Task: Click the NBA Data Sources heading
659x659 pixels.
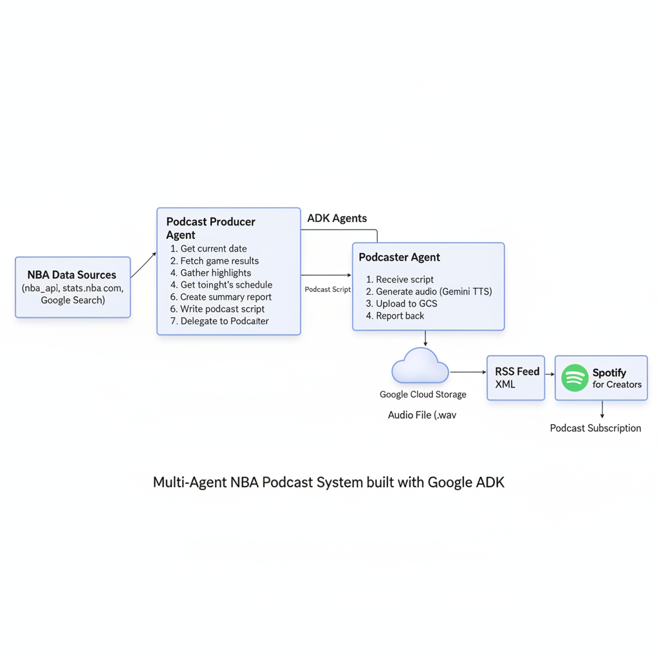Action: tap(72, 275)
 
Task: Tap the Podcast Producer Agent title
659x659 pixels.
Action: tap(210, 228)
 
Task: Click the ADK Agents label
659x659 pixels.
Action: tap(337, 218)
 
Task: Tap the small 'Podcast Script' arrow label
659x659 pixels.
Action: tap(328, 290)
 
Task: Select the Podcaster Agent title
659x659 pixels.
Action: tap(399, 257)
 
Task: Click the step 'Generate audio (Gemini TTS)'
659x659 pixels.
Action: tap(429, 292)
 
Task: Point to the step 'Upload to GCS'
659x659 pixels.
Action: tap(401, 304)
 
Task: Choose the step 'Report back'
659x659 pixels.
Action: tap(395, 316)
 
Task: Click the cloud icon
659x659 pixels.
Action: tap(420, 366)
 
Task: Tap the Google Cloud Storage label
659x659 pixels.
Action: tap(423, 394)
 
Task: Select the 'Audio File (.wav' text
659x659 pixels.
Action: tap(422, 415)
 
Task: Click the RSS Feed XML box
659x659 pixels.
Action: tap(516, 378)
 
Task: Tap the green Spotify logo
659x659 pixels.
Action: tap(575, 378)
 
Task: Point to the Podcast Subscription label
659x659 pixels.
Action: tap(595, 428)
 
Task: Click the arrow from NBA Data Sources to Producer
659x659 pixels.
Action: tap(144, 265)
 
